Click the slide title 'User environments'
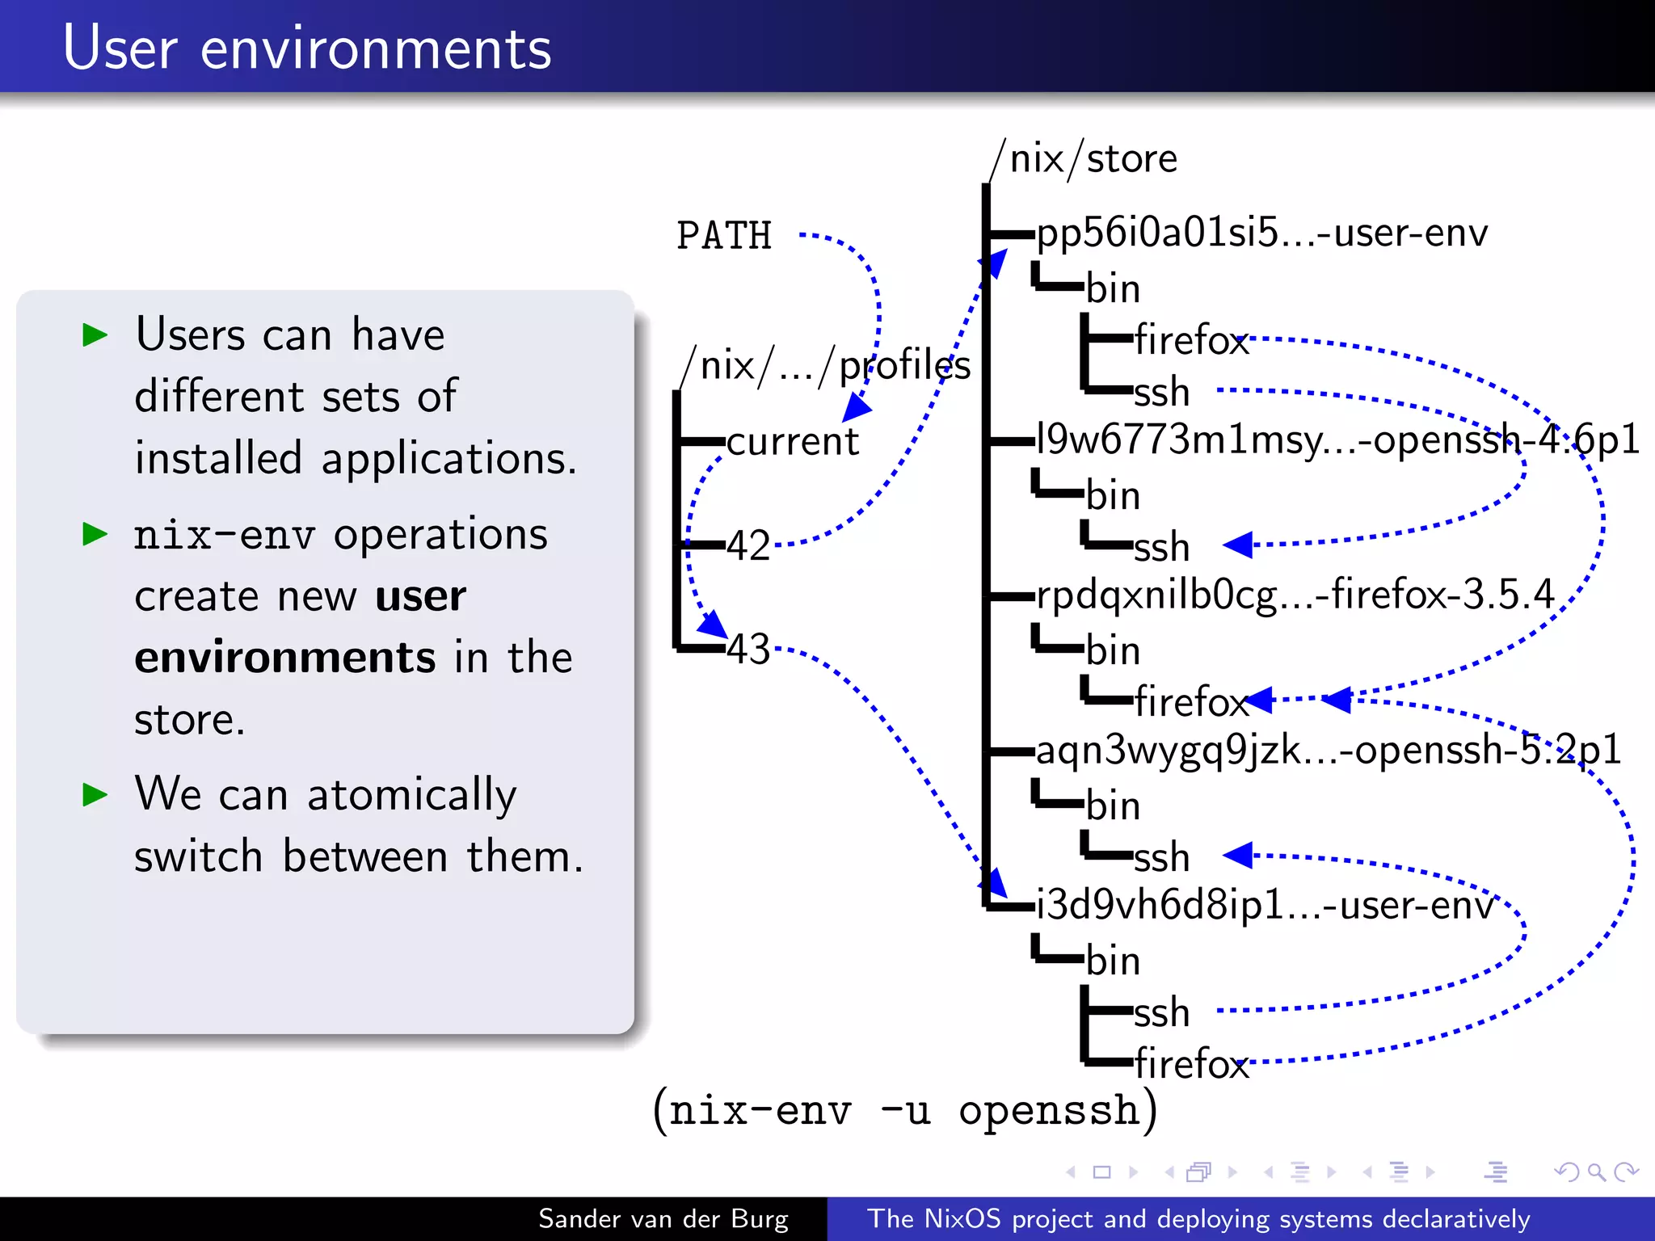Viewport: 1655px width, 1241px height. (307, 48)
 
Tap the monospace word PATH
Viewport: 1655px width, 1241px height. (724, 236)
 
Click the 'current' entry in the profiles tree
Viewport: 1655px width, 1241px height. (792, 441)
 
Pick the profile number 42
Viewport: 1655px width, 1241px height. (748, 545)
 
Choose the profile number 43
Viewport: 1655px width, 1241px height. (748, 649)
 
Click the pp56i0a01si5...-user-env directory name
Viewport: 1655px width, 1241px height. (1261, 233)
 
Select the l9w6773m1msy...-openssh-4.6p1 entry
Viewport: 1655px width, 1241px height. (1337, 440)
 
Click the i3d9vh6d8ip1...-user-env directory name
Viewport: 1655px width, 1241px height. (1265, 905)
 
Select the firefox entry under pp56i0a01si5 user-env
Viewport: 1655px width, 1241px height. (1191, 339)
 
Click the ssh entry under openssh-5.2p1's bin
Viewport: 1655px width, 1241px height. (1162, 856)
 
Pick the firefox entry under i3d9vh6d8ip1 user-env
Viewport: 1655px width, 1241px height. (1191, 1063)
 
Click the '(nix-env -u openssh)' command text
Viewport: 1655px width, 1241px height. (905, 1110)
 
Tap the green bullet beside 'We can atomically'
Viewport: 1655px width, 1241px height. (95, 795)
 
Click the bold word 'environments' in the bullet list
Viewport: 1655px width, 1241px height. (284, 657)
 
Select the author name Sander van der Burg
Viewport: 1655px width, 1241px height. (663, 1218)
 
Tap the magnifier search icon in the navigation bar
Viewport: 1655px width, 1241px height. (1596, 1172)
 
